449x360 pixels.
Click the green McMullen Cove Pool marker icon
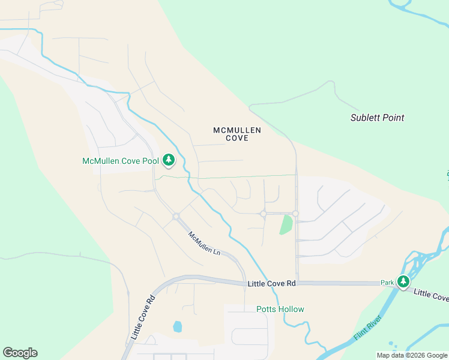(169, 160)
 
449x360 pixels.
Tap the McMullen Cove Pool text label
(120, 161)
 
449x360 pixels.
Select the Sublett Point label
(377, 118)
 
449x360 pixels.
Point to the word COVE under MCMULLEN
(237, 138)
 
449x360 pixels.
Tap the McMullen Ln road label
(204, 244)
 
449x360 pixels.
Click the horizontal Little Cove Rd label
(271, 283)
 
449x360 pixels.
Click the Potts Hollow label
(280, 309)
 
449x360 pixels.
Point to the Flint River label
(367, 328)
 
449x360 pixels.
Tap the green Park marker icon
(403, 281)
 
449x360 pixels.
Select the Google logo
(20, 353)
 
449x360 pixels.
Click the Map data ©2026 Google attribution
(412, 355)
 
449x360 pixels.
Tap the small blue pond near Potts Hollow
(177, 326)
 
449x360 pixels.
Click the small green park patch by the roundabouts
(286, 225)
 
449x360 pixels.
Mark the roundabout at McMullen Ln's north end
(176, 217)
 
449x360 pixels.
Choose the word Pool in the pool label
(149, 161)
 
